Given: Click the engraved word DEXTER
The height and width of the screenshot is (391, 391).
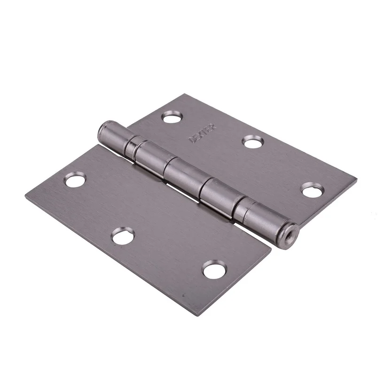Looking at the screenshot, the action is click(x=203, y=133).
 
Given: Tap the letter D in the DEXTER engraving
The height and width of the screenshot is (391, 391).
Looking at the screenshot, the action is click(x=193, y=140).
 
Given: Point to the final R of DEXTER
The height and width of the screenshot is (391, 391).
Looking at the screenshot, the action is click(x=213, y=127).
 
